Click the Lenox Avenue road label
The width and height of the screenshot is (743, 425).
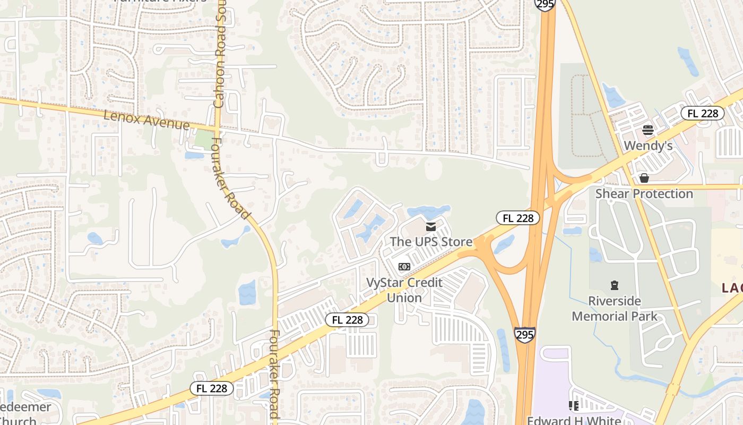(146, 120)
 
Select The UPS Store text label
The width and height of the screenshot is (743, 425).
(431, 242)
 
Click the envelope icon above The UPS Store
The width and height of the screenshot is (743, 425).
(431, 227)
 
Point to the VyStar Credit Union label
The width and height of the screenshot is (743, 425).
(404, 290)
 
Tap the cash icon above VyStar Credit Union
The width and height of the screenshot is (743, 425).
(404, 266)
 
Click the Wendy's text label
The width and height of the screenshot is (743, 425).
(648, 146)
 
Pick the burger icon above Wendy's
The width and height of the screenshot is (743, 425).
(647, 130)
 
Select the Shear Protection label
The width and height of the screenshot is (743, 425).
(644, 193)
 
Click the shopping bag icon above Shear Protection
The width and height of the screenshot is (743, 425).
(644, 177)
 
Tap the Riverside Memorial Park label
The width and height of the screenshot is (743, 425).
(615, 309)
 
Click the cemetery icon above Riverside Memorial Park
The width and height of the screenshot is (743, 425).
(615, 285)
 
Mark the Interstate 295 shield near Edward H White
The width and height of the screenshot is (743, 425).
(524, 334)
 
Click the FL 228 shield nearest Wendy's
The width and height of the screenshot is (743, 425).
(703, 113)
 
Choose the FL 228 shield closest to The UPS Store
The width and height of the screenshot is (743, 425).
(518, 218)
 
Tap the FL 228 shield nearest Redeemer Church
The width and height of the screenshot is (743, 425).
(212, 388)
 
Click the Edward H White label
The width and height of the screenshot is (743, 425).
(574, 421)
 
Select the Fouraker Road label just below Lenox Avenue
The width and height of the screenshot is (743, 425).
(230, 178)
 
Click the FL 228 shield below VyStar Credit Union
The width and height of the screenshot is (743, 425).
(347, 320)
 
